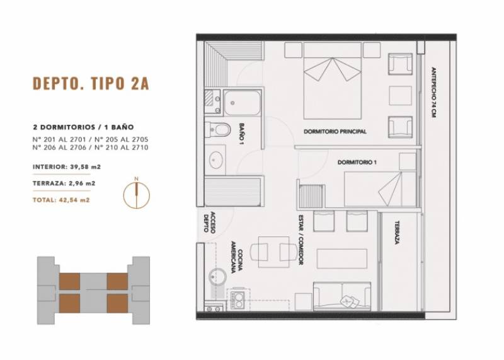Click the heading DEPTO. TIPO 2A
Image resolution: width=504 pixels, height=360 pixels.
click(91, 83)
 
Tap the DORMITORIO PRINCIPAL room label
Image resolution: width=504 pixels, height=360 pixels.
click(335, 132)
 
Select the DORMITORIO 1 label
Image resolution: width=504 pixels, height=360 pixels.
click(357, 163)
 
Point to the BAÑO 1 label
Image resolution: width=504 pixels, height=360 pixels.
click(242, 133)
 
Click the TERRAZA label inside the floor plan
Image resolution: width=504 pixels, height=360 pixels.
click(398, 233)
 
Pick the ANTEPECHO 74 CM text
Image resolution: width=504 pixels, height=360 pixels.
click(433, 92)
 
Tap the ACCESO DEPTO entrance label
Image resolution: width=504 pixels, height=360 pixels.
click(209, 222)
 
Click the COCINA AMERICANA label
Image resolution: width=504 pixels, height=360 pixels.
click(237, 257)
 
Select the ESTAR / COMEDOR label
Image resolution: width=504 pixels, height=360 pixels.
click(301, 240)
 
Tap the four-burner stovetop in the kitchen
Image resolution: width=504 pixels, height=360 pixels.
click(238, 299)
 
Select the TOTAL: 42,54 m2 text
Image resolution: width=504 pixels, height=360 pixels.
click(61, 200)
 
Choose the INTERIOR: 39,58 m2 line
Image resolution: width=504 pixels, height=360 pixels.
click(67, 167)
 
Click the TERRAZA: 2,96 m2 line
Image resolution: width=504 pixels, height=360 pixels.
click(64, 183)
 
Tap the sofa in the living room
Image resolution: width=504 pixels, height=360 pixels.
click(342, 296)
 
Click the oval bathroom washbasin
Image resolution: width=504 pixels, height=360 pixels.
click(215, 160)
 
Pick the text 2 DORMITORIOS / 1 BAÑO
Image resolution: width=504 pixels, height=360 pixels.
click(83, 127)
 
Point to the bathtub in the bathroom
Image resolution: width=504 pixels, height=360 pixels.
click(242, 103)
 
